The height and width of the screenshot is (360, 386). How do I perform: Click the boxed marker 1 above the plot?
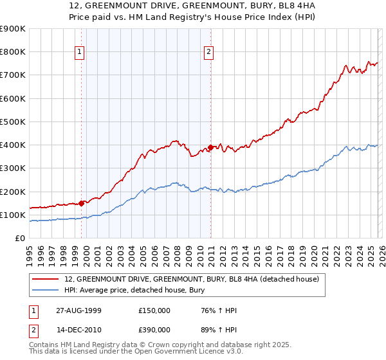(80, 53)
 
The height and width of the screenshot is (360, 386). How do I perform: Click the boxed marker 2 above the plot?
(210, 53)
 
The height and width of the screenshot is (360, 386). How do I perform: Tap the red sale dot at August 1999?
(82, 203)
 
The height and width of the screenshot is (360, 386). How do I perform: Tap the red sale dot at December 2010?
(210, 147)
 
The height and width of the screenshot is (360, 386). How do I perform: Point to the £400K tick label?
(13, 145)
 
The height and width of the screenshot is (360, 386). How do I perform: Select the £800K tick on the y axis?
(13, 52)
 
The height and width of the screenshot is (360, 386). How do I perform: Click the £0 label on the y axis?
(21, 239)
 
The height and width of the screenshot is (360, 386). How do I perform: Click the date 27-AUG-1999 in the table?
(78, 310)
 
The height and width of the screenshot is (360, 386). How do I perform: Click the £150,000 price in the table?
(154, 310)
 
